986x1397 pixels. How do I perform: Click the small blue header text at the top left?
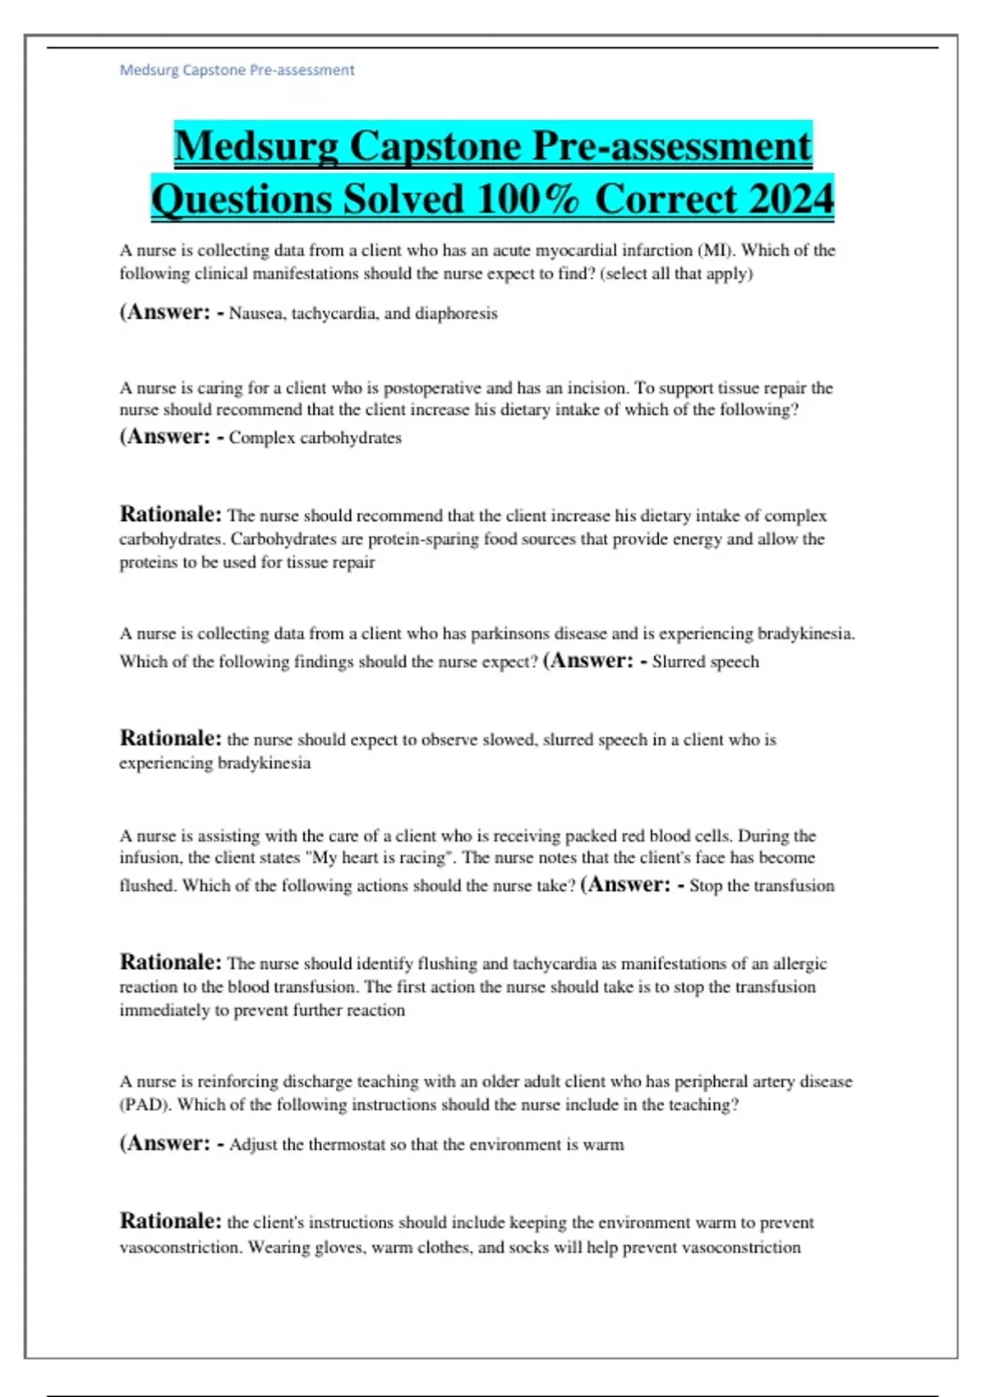point(237,70)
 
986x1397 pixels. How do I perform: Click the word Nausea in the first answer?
point(256,313)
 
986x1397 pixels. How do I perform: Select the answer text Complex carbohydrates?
point(315,437)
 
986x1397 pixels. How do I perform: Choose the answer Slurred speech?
point(705,662)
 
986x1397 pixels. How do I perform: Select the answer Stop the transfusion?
point(762,886)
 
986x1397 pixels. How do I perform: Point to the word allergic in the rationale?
point(799,963)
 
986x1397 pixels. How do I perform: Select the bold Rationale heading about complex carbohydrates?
point(170,514)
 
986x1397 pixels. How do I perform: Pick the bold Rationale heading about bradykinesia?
point(170,738)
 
